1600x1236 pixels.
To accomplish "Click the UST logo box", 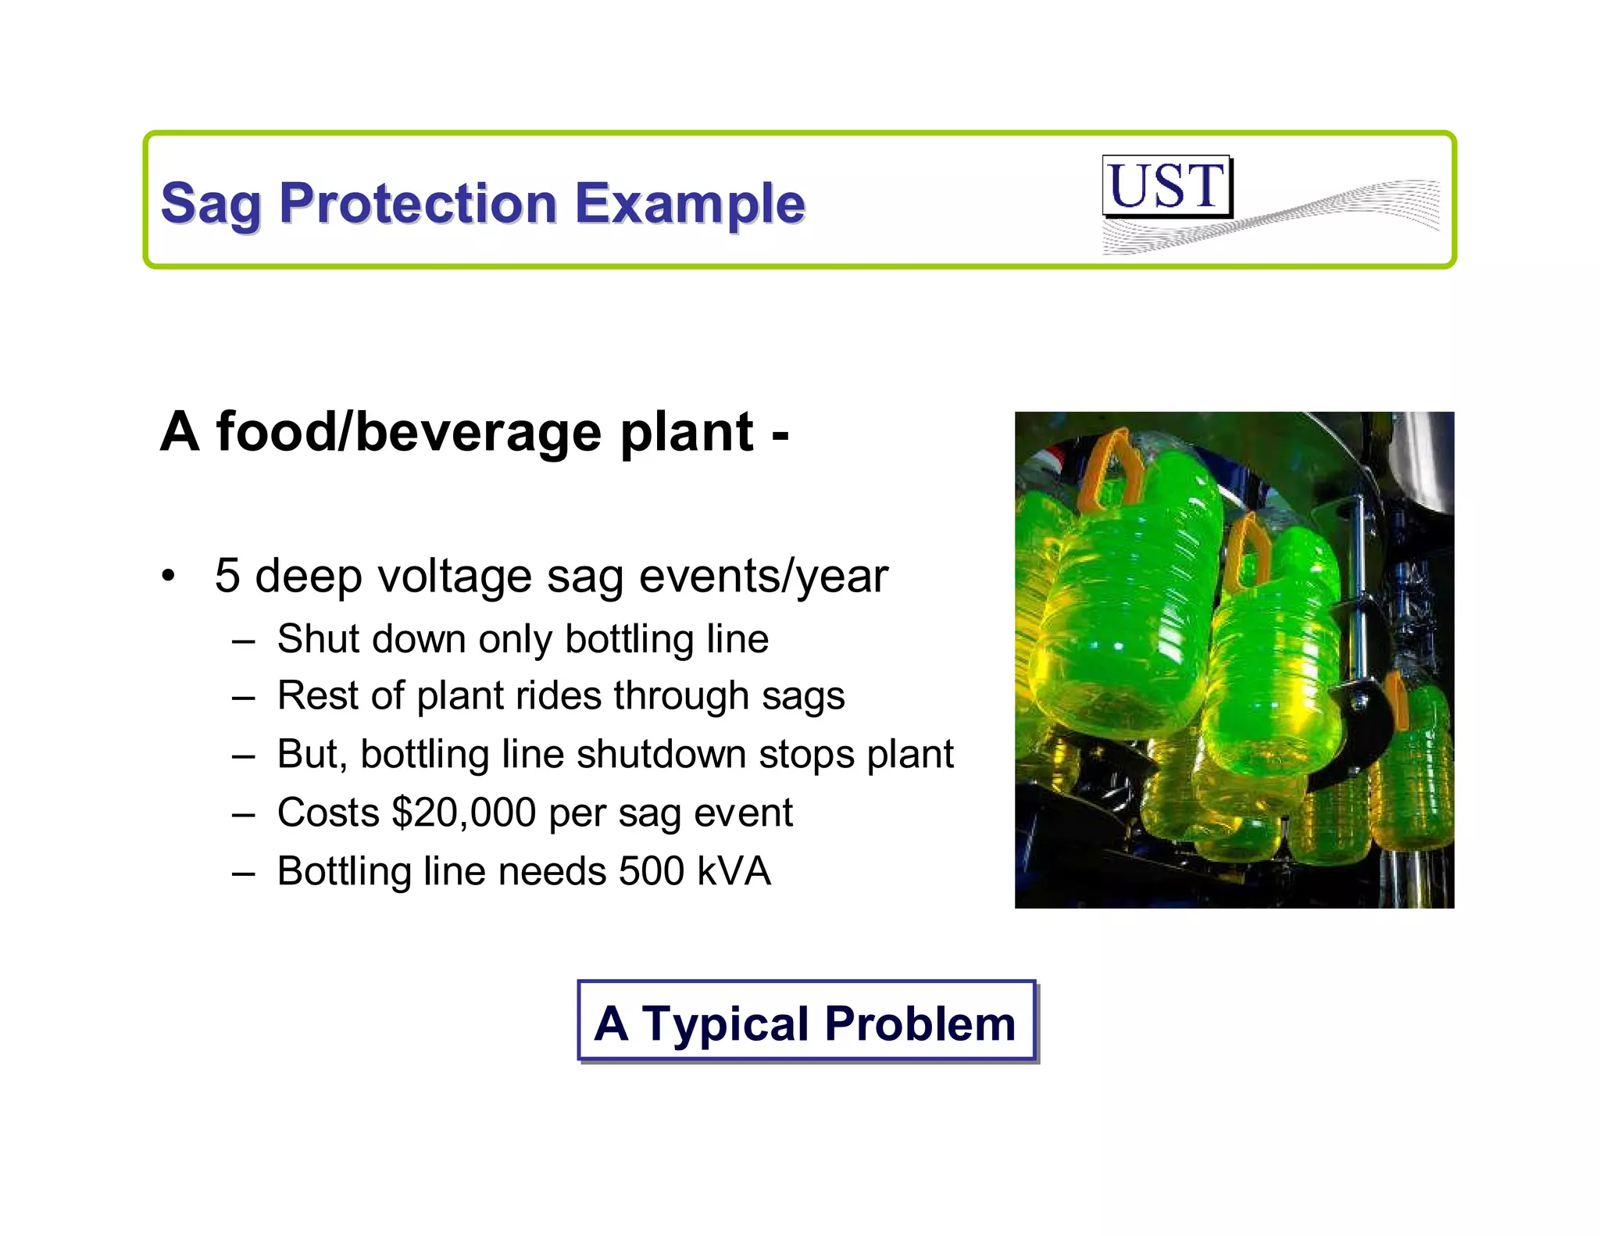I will (x=1166, y=186).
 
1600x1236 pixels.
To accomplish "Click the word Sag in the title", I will (x=209, y=205).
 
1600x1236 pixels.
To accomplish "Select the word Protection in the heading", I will (x=417, y=203).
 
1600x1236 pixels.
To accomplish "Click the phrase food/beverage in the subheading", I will (x=409, y=432).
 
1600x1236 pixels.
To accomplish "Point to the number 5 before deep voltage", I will (x=227, y=577).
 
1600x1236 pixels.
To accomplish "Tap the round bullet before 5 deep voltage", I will (x=167, y=577).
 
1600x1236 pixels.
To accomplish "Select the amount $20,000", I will (x=463, y=813).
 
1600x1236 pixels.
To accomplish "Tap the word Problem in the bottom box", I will (x=920, y=1023).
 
